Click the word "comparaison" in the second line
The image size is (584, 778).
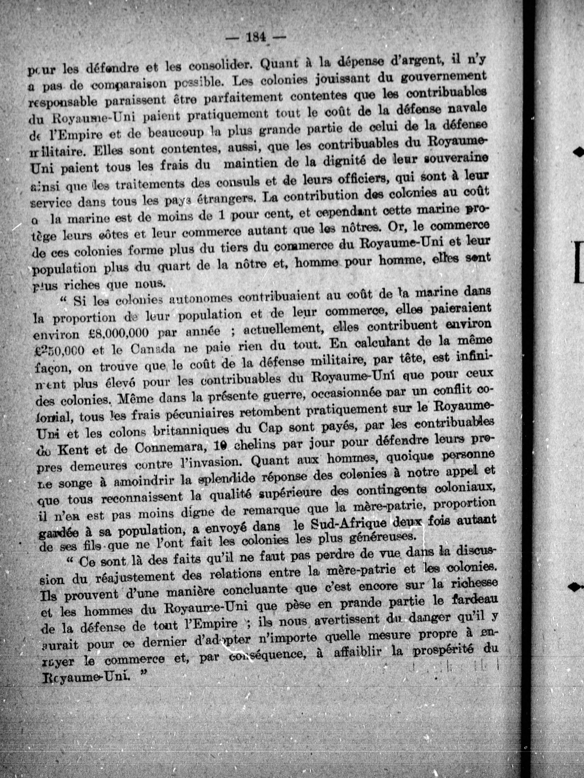[124, 85]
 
